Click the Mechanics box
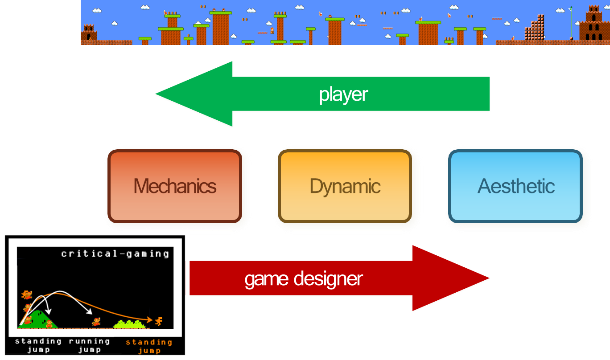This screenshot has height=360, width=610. coord(175,186)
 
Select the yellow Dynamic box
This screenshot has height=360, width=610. coord(345,186)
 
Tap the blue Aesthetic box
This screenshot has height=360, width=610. coord(515,186)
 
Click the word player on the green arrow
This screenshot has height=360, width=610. coord(343,94)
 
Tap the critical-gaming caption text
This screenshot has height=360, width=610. coord(115,254)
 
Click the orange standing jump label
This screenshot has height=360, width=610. coord(149,346)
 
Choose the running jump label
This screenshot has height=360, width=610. coord(89,345)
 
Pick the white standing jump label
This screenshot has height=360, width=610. coord(38,345)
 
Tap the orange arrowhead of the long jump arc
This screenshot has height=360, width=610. coord(151,319)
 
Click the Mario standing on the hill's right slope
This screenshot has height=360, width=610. coord(49,323)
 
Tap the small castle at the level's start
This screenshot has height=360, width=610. coord(89,33)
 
